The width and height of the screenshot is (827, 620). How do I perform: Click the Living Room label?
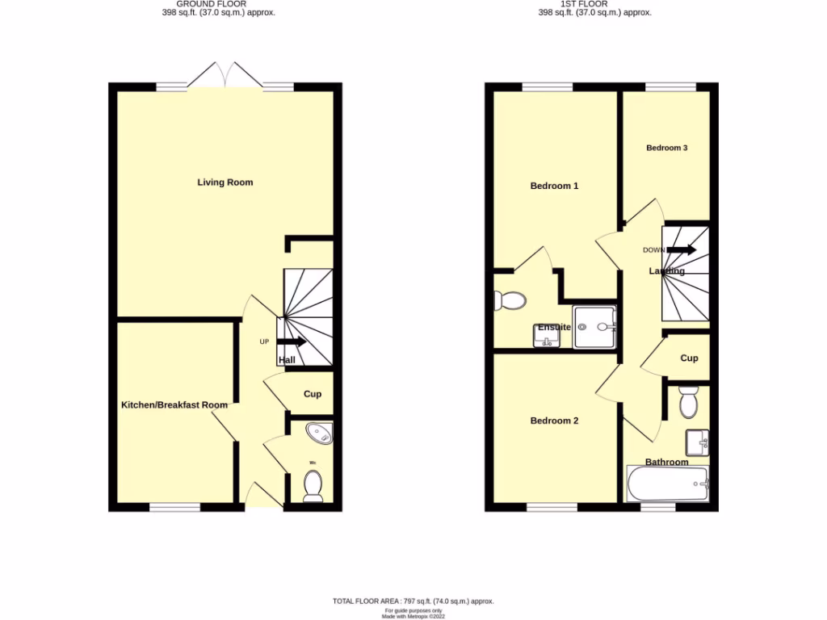click(225, 182)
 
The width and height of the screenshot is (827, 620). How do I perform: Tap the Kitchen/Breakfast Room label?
click(174, 405)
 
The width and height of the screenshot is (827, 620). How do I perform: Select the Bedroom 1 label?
click(554, 186)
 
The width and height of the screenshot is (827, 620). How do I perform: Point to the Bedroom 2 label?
click(554, 421)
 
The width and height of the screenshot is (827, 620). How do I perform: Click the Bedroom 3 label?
click(667, 148)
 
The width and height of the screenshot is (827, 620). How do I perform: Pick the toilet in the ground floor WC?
click(313, 485)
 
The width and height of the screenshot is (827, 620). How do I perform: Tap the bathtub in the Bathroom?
click(667, 484)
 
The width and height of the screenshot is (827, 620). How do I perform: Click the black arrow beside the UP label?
click(292, 341)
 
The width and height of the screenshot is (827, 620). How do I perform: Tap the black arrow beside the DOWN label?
click(682, 249)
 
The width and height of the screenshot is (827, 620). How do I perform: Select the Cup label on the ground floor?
click(313, 394)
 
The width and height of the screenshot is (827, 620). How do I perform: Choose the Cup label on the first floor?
click(689, 358)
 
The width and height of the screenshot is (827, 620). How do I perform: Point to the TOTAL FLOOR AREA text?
click(413, 601)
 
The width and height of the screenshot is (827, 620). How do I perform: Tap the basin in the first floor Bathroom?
click(698, 442)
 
